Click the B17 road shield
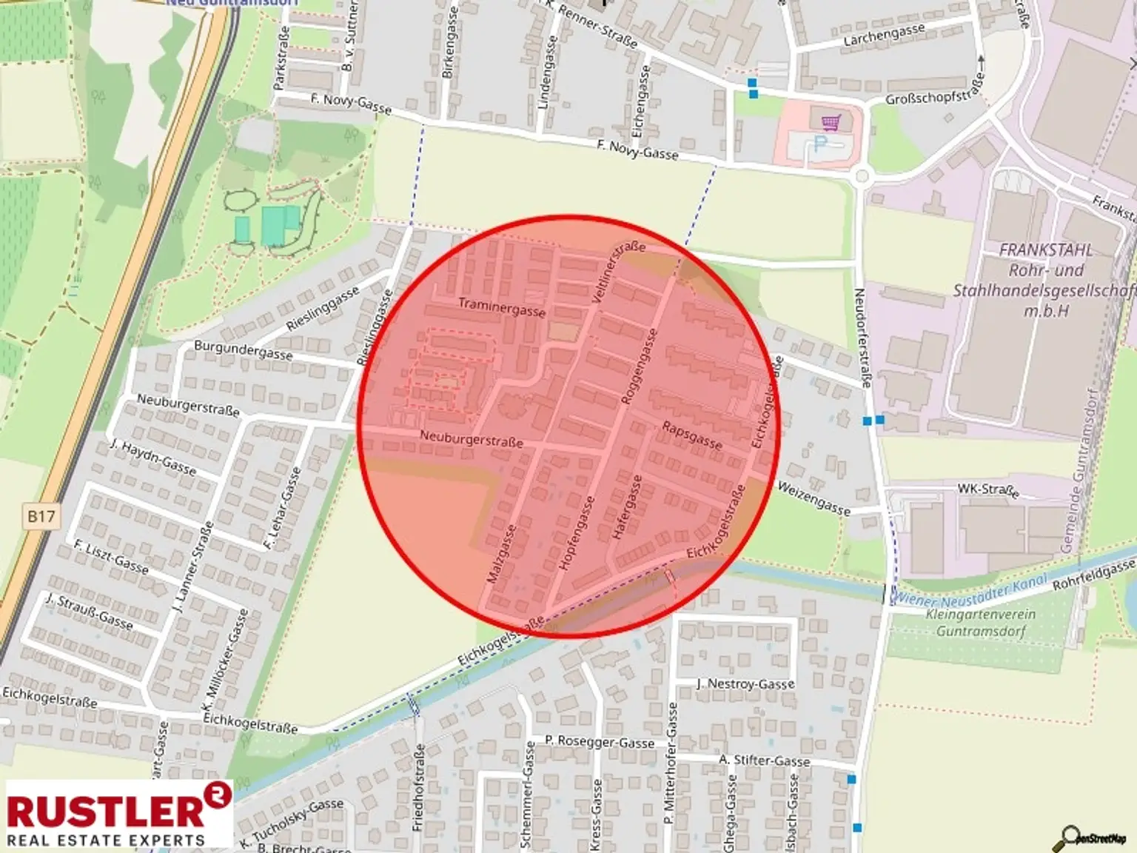pos(41,516)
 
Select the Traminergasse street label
pos(501,307)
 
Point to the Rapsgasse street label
pos(692,435)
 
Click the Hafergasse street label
pos(627,508)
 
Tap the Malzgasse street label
pos(501,554)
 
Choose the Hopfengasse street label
pos(576,533)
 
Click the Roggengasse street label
pos(638,367)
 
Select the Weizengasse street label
pos(814,498)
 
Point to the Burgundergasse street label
pos(243,350)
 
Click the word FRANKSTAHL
pos(1045,250)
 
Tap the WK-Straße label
pos(987,489)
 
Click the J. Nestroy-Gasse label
pos(745,683)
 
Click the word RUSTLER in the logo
pos(105,811)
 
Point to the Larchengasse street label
pos(884,34)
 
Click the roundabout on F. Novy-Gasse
pos(861,176)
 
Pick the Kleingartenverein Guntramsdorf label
pos(981,623)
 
